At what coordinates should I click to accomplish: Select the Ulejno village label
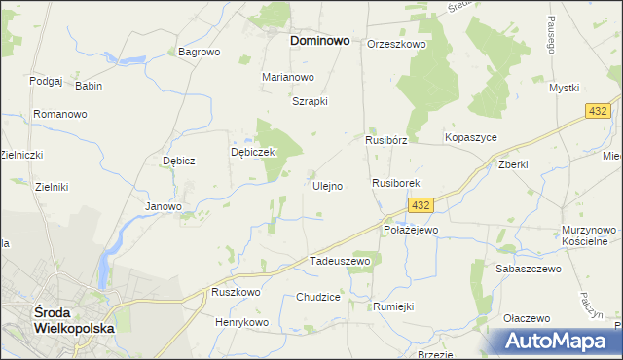coord(327,186)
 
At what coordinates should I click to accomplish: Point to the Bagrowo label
coord(200,52)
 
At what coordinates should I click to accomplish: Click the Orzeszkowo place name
coord(397,44)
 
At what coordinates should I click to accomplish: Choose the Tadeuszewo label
coord(340,261)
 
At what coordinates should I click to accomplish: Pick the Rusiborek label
coord(395,183)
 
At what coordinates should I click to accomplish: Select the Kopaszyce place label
coord(471,138)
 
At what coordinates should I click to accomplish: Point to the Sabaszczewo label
coord(529,269)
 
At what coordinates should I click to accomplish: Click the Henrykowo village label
coord(241,322)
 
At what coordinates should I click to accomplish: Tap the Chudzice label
coord(318,297)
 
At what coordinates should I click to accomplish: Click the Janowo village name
coord(164,206)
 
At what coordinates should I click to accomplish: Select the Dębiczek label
coord(254,153)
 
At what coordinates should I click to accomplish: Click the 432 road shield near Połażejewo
coord(420,205)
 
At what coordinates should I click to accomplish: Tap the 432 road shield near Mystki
coord(598,113)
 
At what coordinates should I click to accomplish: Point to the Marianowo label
coord(288,77)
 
